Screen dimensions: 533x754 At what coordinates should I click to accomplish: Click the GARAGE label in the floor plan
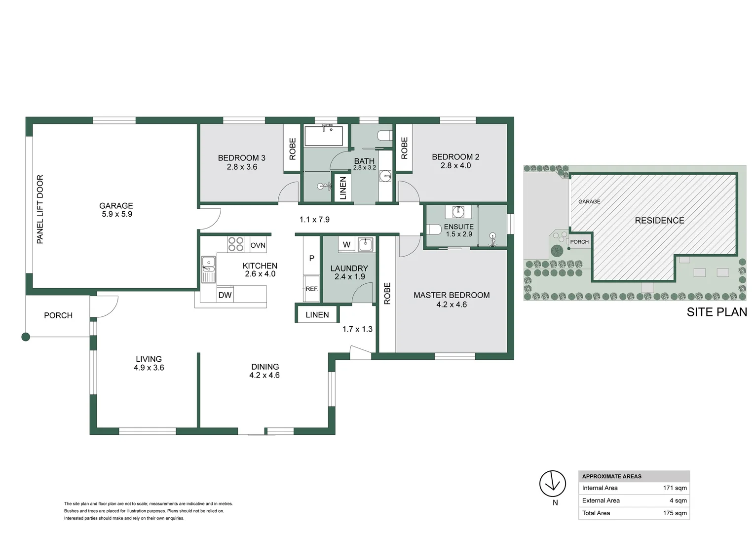pos(116,206)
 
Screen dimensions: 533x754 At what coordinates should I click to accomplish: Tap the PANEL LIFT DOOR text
pos(40,209)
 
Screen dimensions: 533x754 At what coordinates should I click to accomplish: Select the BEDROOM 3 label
pos(241,158)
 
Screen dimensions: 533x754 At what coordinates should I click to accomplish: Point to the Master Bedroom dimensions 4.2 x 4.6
pos(451,305)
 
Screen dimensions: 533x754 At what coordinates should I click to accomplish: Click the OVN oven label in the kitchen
pos(258,245)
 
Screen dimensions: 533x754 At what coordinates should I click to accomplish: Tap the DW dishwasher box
pos(225,295)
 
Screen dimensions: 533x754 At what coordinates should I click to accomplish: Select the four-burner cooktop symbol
pos(235,244)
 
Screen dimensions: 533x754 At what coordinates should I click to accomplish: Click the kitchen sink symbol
pos(208,269)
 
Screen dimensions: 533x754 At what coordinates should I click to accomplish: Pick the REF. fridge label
pos(311,289)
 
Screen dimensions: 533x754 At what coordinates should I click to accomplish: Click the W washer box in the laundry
pos(347,244)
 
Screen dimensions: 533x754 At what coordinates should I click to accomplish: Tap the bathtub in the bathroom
pos(323,136)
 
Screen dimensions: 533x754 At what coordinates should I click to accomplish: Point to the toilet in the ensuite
pos(434,229)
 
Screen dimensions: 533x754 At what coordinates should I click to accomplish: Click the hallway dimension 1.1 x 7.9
pos(314,220)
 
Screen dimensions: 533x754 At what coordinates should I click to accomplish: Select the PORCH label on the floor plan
pos(58,315)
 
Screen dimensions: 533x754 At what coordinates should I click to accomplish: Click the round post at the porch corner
pos(26,337)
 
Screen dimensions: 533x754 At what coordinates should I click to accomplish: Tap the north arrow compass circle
pos(552,484)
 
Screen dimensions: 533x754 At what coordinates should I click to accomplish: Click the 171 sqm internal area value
pos(675,488)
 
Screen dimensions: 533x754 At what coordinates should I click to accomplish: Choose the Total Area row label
pos(596,513)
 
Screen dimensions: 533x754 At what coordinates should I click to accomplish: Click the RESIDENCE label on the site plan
pos(659,221)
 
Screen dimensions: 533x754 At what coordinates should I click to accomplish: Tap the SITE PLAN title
pos(716,312)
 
